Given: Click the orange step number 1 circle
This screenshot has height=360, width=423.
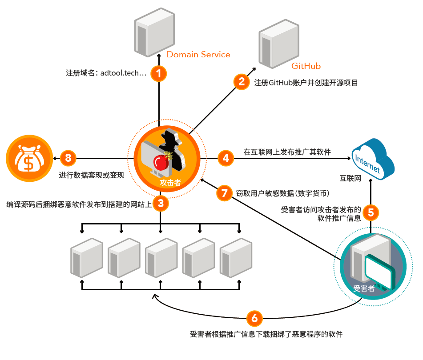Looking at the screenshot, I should tap(159, 73).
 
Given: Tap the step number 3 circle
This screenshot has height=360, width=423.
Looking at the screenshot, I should tap(161, 204).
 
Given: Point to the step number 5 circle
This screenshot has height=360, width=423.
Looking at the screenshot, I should tap(371, 212).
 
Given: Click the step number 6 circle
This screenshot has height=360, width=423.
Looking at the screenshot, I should tap(254, 318).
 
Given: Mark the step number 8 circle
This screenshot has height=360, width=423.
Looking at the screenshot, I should tap(68, 157).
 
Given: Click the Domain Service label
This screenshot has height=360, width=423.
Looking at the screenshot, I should tap(198, 55).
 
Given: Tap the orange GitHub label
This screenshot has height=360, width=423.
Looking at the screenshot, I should tap(306, 66).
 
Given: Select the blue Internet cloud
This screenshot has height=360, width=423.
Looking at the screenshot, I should tap(373, 158).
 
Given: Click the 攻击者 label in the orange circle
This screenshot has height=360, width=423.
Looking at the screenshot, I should tap(170, 182).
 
